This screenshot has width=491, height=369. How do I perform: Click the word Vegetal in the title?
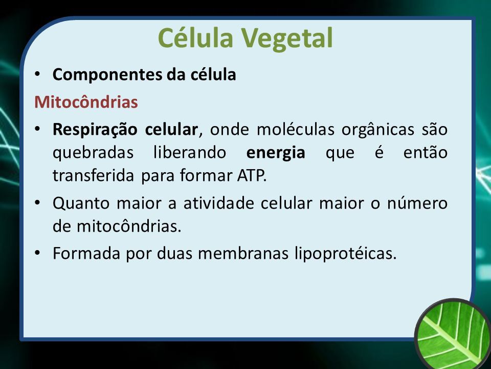286,38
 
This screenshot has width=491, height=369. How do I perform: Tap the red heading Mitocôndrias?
86,102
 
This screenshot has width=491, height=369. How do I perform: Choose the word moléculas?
296,129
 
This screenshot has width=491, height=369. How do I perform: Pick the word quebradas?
93,153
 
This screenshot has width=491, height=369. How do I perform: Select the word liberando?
190,153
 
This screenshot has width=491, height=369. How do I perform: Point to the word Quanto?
81,203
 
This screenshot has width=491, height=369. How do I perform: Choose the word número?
417,203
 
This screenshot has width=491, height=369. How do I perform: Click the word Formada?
86,253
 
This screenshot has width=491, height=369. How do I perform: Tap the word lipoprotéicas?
346,254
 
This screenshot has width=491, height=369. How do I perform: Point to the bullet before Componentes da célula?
37,75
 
